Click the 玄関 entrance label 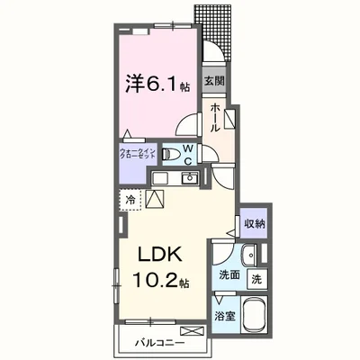coord(214,80)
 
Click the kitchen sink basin coord(189,180)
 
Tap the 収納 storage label coord(253,222)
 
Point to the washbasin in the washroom coord(248,255)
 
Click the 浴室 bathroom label coord(228,317)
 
